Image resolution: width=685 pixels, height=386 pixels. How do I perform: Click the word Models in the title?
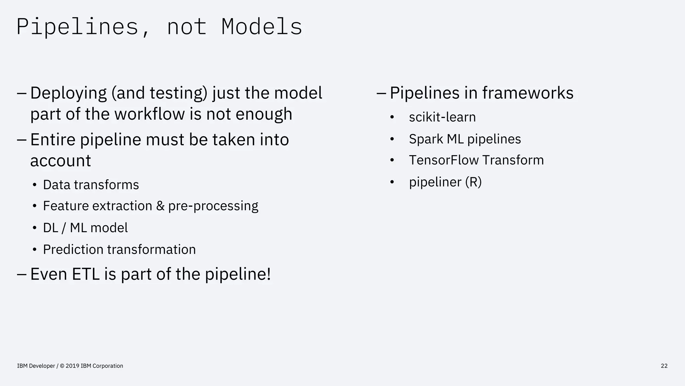pos(262,26)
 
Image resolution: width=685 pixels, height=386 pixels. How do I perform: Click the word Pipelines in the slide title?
pos(77,26)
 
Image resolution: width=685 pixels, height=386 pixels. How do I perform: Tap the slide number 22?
pos(664,366)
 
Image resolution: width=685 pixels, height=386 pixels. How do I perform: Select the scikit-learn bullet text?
pos(442,117)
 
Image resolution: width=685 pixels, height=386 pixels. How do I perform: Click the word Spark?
pos(426,139)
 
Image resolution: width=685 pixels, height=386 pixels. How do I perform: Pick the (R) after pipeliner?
pos(473,182)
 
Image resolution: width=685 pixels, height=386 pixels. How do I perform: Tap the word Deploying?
pos(68,93)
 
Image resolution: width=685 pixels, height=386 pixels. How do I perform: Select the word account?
pos(61,161)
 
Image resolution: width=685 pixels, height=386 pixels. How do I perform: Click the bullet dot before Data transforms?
pos(34,185)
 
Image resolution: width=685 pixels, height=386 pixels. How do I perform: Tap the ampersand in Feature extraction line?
pos(160,206)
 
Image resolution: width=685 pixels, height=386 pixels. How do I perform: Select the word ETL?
pos(86,274)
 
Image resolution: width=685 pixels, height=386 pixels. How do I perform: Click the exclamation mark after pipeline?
pos(269,274)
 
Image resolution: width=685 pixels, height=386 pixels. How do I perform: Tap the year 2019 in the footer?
pos(73,366)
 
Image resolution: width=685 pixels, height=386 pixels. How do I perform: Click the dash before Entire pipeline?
pos(21,139)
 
